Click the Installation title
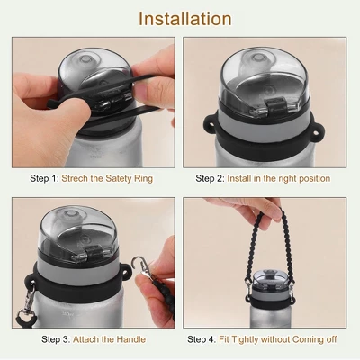click(185, 19)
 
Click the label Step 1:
click(44, 178)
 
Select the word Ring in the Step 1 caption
click(143, 179)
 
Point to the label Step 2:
click(210, 178)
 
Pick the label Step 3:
click(56, 339)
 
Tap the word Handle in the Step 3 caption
click(131, 339)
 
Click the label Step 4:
click(202, 339)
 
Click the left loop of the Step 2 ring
click(210, 122)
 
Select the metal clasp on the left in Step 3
click(30, 301)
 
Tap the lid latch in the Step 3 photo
click(93, 251)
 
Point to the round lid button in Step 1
click(85, 59)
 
